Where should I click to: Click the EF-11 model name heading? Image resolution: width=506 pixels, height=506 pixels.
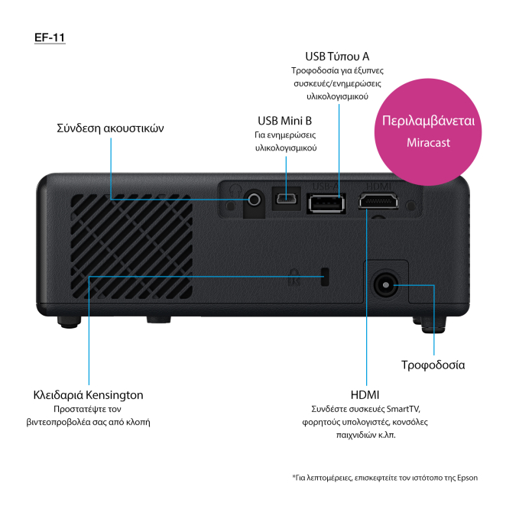(x=50, y=37)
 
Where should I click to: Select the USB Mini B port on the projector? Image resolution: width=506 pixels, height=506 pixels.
(x=287, y=200)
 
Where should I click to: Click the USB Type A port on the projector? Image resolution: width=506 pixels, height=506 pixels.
(x=326, y=203)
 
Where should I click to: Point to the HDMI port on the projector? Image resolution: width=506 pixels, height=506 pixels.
(x=378, y=203)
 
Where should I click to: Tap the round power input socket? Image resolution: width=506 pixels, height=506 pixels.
(x=384, y=286)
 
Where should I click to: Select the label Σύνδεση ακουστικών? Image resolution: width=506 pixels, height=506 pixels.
(x=110, y=128)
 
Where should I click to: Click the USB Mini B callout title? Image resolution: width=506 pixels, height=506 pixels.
(x=284, y=120)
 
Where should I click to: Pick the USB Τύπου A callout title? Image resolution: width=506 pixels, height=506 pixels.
(x=337, y=57)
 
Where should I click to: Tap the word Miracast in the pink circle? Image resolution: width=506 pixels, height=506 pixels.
(x=428, y=143)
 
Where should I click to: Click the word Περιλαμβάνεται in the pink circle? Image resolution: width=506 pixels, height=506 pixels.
(x=428, y=122)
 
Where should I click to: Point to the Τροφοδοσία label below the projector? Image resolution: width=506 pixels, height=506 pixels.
(x=433, y=365)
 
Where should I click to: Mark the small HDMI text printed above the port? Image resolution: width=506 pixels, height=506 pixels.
(x=378, y=186)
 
